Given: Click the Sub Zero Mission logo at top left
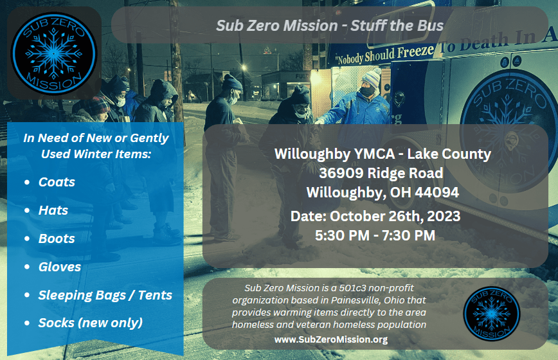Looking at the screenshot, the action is [54, 53].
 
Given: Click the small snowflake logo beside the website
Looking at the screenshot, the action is [491, 314].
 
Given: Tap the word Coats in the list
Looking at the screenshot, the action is [57, 182].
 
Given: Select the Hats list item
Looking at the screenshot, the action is [53, 210].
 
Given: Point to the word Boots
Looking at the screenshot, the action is [57, 239].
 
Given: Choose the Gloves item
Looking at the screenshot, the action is [60, 267].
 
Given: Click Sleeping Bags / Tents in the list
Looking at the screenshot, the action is [105, 295].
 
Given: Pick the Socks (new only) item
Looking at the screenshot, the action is [91, 323].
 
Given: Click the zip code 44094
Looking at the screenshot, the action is [437, 192].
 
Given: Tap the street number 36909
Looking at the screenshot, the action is [341, 173].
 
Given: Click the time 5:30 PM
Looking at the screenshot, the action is [342, 235].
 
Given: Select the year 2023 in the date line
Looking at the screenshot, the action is [444, 216].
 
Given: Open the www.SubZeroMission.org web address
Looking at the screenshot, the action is [331, 339].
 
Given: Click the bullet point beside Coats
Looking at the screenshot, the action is [27, 182].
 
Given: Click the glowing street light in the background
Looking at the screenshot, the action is [244, 67].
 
